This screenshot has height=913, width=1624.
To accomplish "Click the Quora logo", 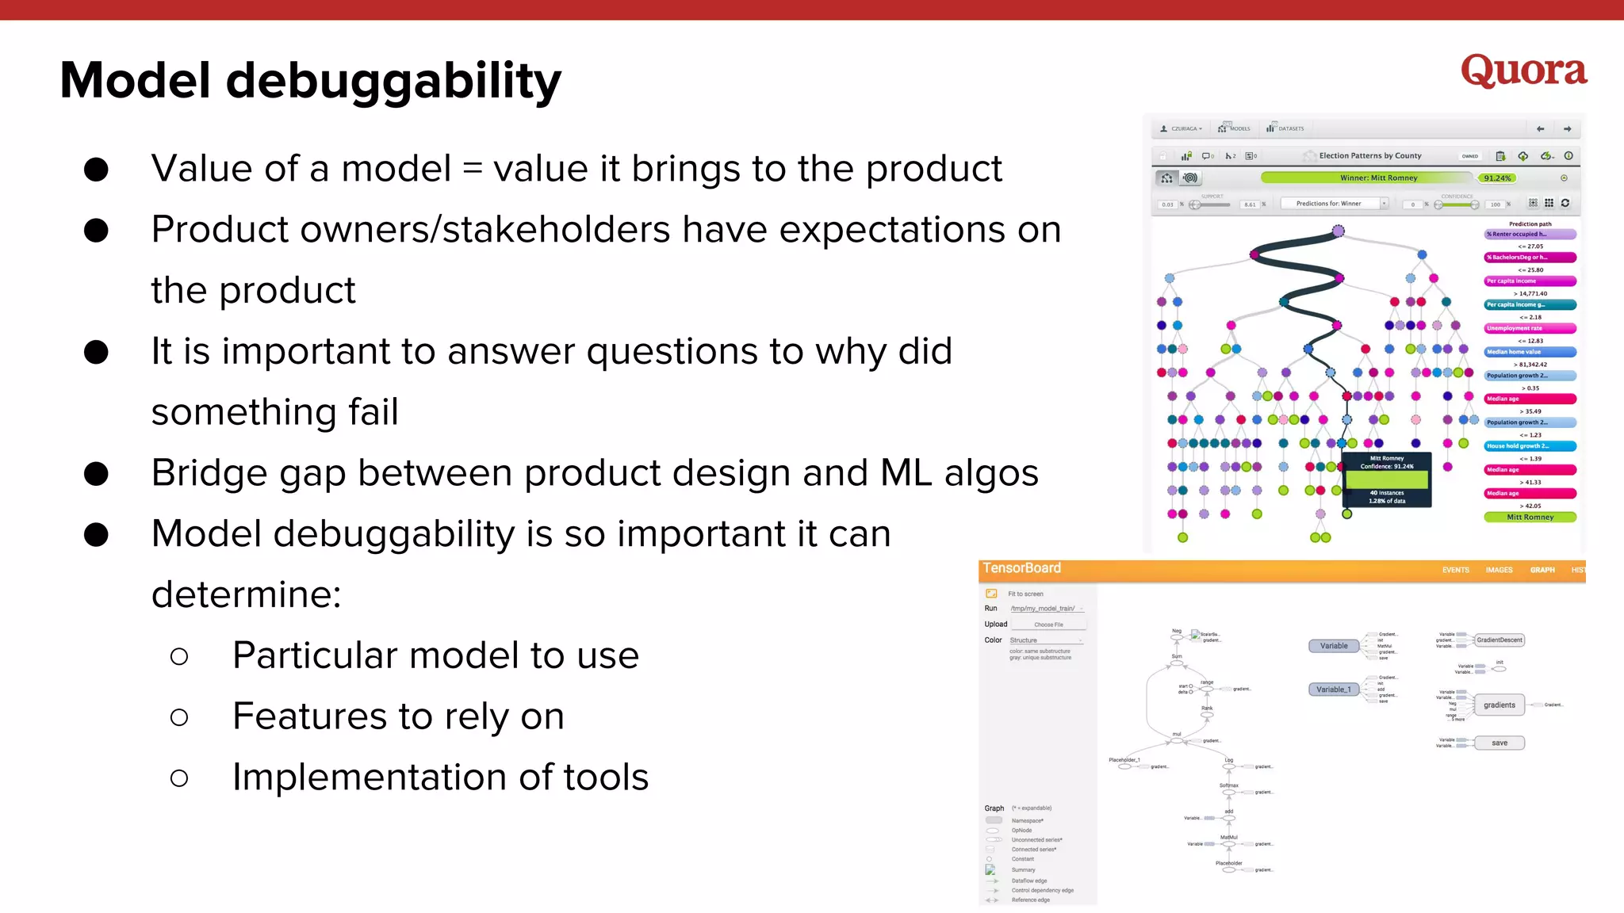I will click(1523, 71).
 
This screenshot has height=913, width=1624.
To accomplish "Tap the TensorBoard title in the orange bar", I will click(1021, 568).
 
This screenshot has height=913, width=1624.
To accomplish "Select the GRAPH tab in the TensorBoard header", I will click(1542, 570).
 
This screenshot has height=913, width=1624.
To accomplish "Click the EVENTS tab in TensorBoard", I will click(1455, 570).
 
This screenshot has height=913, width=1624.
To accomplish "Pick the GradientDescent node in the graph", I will click(1499, 640).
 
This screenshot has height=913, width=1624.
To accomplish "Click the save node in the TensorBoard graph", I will click(1499, 743).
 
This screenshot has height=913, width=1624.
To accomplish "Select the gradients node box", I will click(1499, 705).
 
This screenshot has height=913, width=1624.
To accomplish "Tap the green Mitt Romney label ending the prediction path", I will click(1530, 517).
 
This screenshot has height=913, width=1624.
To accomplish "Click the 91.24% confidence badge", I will click(1496, 178).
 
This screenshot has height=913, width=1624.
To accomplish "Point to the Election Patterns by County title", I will click(1369, 156).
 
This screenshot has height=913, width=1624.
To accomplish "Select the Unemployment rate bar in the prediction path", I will click(1530, 328).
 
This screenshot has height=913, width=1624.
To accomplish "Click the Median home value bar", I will click(1530, 352).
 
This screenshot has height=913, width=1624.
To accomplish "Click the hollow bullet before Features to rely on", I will click(179, 717).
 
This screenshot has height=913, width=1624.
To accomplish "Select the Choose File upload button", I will click(1048, 625).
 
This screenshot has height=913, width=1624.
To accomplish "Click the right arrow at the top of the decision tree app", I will click(1567, 128).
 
